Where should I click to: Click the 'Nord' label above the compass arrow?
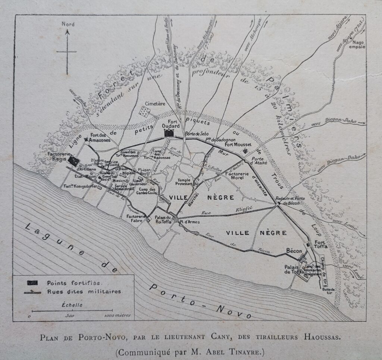(68, 24)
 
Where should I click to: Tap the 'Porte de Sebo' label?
(196, 134)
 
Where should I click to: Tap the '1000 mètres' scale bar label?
(115, 316)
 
